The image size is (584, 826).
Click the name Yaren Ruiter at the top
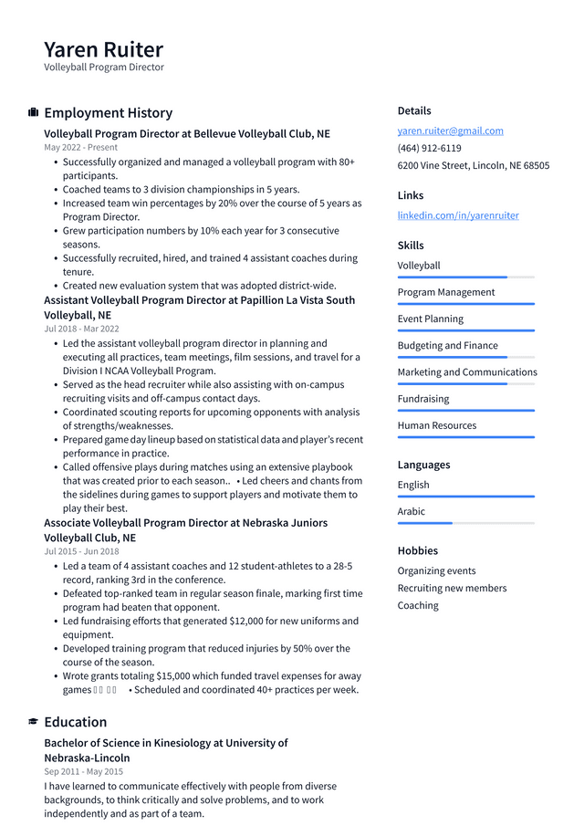click(103, 49)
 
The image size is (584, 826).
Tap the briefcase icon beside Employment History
click(33, 112)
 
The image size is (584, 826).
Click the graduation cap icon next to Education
click(33, 722)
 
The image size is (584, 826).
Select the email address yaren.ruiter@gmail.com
click(450, 131)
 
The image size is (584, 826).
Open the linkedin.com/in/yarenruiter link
click(457, 215)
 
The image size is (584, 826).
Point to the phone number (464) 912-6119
click(429, 148)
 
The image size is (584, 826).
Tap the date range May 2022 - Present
click(80, 147)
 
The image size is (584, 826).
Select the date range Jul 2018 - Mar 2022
click(81, 329)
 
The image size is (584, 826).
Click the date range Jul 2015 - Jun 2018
click(81, 551)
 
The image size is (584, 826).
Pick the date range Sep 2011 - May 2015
click(83, 771)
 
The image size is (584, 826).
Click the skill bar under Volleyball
click(465, 277)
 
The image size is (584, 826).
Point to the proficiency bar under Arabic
click(465, 523)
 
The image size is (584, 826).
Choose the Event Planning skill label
click(430, 319)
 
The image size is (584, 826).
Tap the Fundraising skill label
click(422, 399)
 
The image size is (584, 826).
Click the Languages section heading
click(423, 465)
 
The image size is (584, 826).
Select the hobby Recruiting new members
click(452, 588)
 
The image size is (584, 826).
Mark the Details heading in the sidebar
click(414, 110)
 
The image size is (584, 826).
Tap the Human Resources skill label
click(436, 425)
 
